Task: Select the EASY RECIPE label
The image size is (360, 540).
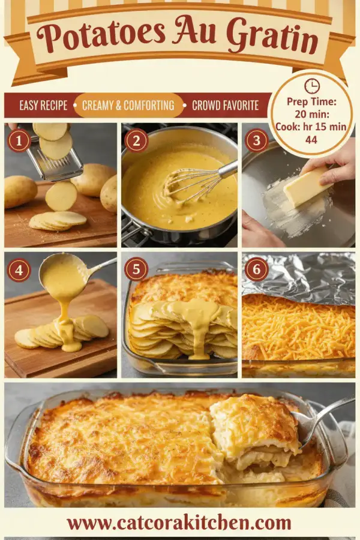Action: (x=43, y=105)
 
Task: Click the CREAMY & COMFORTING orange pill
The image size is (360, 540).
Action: (x=128, y=105)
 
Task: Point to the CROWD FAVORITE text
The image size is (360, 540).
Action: (x=226, y=105)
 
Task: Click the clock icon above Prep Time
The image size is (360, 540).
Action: (x=312, y=86)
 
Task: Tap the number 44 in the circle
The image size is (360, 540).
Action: (x=311, y=139)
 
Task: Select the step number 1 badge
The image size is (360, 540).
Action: (x=19, y=140)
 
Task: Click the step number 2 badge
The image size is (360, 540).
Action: (x=136, y=140)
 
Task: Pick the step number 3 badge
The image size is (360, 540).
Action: (x=256, y=140)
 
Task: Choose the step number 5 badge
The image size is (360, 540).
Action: (x=136, y=269)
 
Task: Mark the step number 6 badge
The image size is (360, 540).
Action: (x=257, y=269)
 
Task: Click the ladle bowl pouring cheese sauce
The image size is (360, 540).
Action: (x=63, y=275)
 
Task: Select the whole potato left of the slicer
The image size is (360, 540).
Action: (x=20, y=191)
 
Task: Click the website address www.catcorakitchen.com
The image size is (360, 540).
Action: (x=179, y=523)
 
